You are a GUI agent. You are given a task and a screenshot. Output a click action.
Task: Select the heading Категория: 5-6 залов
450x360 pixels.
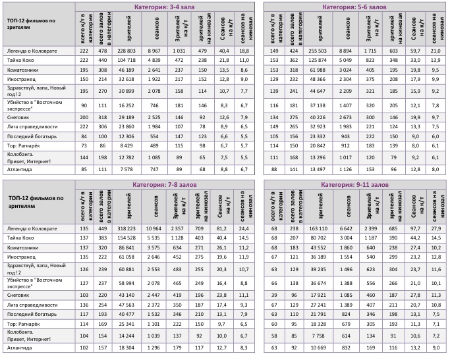click(x=354, y=7)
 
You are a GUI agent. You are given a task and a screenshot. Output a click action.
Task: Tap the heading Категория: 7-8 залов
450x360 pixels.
click(x=161, y=184)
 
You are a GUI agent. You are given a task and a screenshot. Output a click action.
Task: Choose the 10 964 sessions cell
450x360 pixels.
click(x=153, y=228)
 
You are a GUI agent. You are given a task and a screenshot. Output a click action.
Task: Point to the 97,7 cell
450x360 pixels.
click(x=416, y=228)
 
